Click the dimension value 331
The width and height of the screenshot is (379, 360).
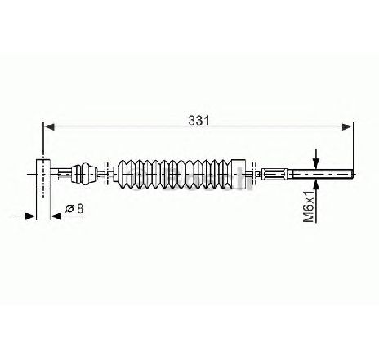click(198, 121)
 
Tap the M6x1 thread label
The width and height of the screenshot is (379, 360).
click(309, 207)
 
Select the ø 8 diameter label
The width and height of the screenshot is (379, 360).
click(74, 209)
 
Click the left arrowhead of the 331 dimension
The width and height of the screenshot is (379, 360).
click(49, 127)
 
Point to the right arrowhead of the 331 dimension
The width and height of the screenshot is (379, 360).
click(347, 127)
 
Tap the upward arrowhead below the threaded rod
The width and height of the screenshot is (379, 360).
click(316, 184)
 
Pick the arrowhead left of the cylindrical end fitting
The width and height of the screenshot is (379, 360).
click(30, 216)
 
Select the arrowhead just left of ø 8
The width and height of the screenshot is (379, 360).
click(56, 216)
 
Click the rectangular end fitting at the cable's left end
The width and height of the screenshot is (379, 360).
click(43, 174)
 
